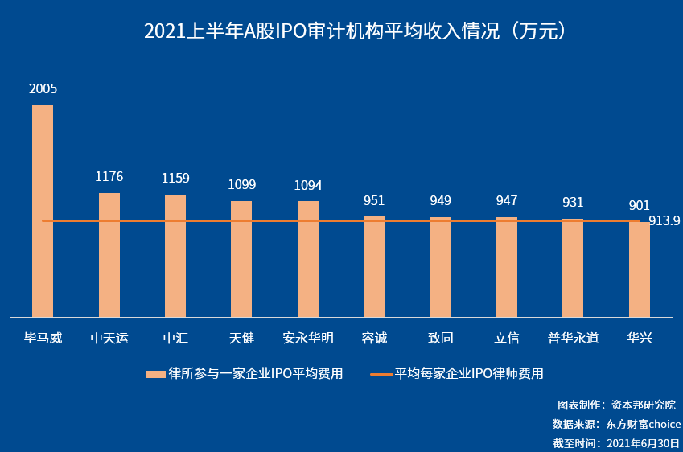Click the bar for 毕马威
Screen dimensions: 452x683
43,211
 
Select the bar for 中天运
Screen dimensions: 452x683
109,255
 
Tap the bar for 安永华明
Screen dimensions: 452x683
308,259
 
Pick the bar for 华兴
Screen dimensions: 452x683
640,269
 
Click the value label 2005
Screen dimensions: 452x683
43,89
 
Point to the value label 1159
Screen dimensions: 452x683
175,178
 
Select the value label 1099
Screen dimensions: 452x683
241,184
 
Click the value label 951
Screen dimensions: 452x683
374,200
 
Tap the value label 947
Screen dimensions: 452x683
507,200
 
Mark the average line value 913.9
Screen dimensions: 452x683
664,221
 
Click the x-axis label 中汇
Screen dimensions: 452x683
175,338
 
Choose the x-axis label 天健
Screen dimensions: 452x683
241,338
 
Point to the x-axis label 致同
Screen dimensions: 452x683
440,338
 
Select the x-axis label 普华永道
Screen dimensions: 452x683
573,338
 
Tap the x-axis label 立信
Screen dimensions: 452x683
507,338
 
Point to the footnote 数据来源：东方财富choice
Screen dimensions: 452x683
616,424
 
